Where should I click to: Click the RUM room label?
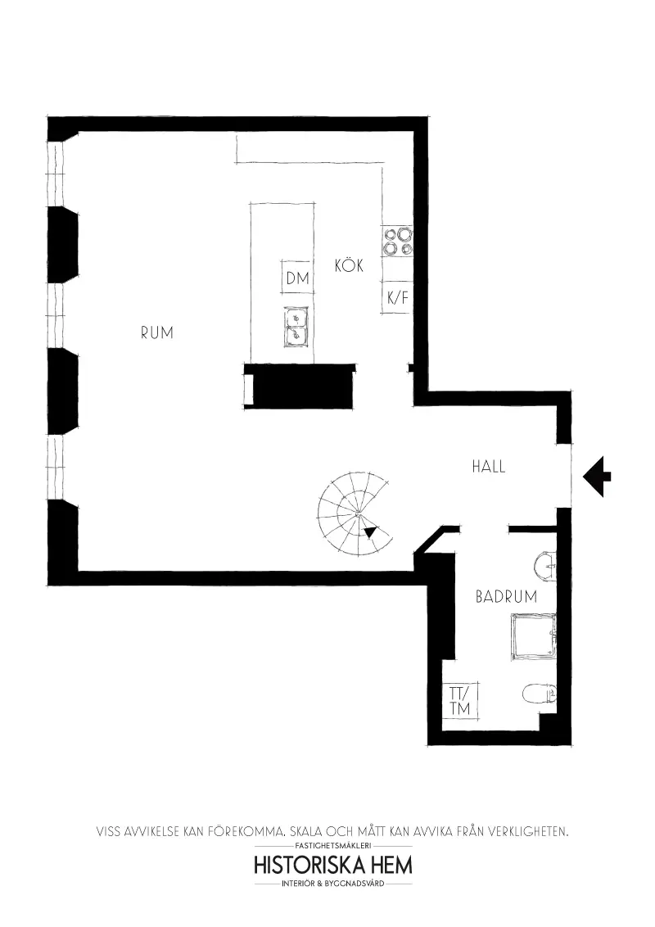[156, 333]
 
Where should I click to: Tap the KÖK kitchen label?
[349, 266]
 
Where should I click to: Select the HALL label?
[488, 467]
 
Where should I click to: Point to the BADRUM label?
[506, 597]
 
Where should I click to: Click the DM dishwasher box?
[297, 278]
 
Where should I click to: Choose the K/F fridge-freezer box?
[397, 299]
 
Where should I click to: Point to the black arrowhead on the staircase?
[370, 532]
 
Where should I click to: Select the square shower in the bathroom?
[533, 637]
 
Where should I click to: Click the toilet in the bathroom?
[539, 694]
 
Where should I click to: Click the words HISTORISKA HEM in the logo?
[333, 865]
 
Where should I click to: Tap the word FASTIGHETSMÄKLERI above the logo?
[333, 845]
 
